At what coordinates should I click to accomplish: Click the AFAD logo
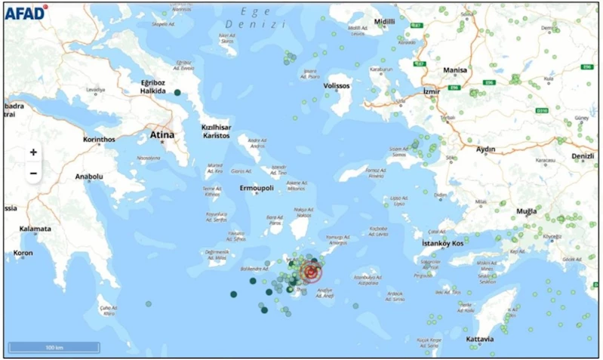coord(26,11)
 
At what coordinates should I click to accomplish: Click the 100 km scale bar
coord(54,347)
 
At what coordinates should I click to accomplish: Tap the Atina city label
coord(162,135)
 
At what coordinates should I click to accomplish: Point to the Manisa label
coord(455,70)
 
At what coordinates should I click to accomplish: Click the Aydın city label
coord(485,149)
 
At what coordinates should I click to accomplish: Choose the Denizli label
coord(583,156)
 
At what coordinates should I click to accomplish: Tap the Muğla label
coord(525,211)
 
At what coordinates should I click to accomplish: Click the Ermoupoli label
coord(255,188)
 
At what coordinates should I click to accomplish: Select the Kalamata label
coord(35,229)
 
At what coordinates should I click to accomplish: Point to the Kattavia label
coord(480,340)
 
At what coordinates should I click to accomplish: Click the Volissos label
coord(337,86)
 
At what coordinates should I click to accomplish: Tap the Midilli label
coord(384,22)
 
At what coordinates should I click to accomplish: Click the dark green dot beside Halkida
coord(177,93)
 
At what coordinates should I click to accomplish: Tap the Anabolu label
coord(88,177)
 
